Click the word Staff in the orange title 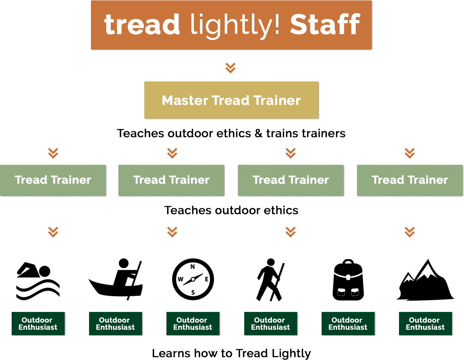[325, 25]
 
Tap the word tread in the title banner [142, 25]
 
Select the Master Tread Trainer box [231, 100]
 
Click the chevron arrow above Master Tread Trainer [230, 68]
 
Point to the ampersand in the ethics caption [258, 134]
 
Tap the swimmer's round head [45, 271]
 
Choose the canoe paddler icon [116, 279]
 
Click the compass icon [193, 279]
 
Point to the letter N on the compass [193, 267]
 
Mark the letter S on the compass [193, 292]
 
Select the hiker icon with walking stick [270, 280]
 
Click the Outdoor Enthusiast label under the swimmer [38, 324]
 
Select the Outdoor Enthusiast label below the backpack [348, 324]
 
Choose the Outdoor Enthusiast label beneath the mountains [425, 324]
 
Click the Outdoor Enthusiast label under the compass [193, 324]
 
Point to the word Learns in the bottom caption [168, 353]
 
